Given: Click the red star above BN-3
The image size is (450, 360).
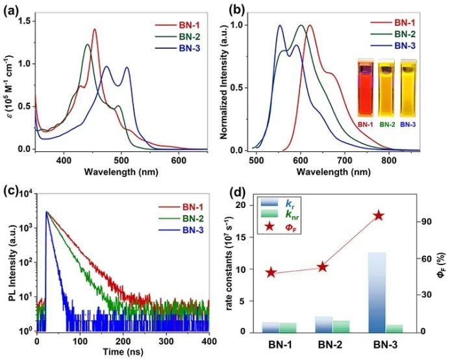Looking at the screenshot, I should [x=377, y=216].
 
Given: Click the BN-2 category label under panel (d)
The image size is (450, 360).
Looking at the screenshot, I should [x=323, y=344].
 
